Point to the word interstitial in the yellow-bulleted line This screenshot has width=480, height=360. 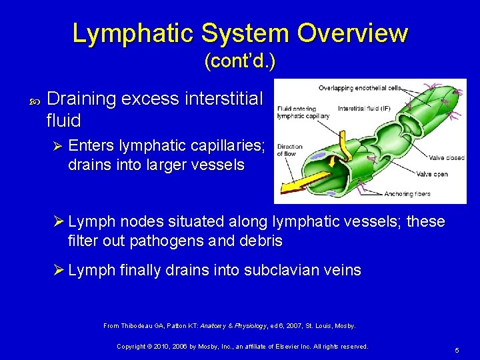pyautogui.click(x=225, y=100)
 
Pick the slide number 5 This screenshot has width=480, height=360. pyautogui.click(x=457, y=350)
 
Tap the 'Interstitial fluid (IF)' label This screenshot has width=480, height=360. pyautogui.click(x=364, y=108)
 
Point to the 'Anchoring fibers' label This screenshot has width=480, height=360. pyautogui.click(x=407, y=194)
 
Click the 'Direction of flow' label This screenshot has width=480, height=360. pyautogui.click(x=289, y=150)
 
